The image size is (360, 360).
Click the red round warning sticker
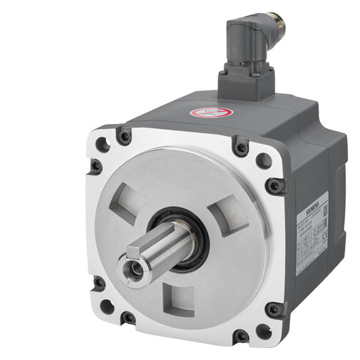tap(211, 111)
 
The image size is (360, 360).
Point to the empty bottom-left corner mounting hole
tap(105, 307)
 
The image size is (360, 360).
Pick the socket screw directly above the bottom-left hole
tap(99, 282)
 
